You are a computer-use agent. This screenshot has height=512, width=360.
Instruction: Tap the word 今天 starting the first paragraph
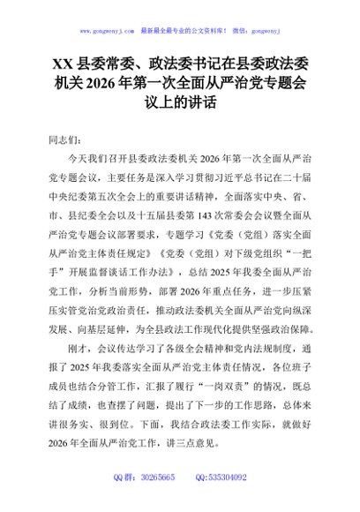tap(77, 160)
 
